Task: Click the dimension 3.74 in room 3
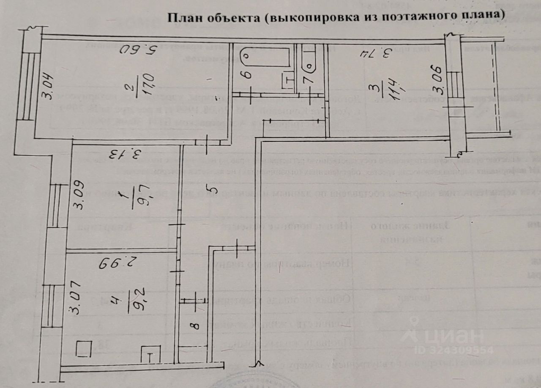tap(377, 54)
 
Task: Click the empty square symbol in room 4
tap(83, 349)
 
